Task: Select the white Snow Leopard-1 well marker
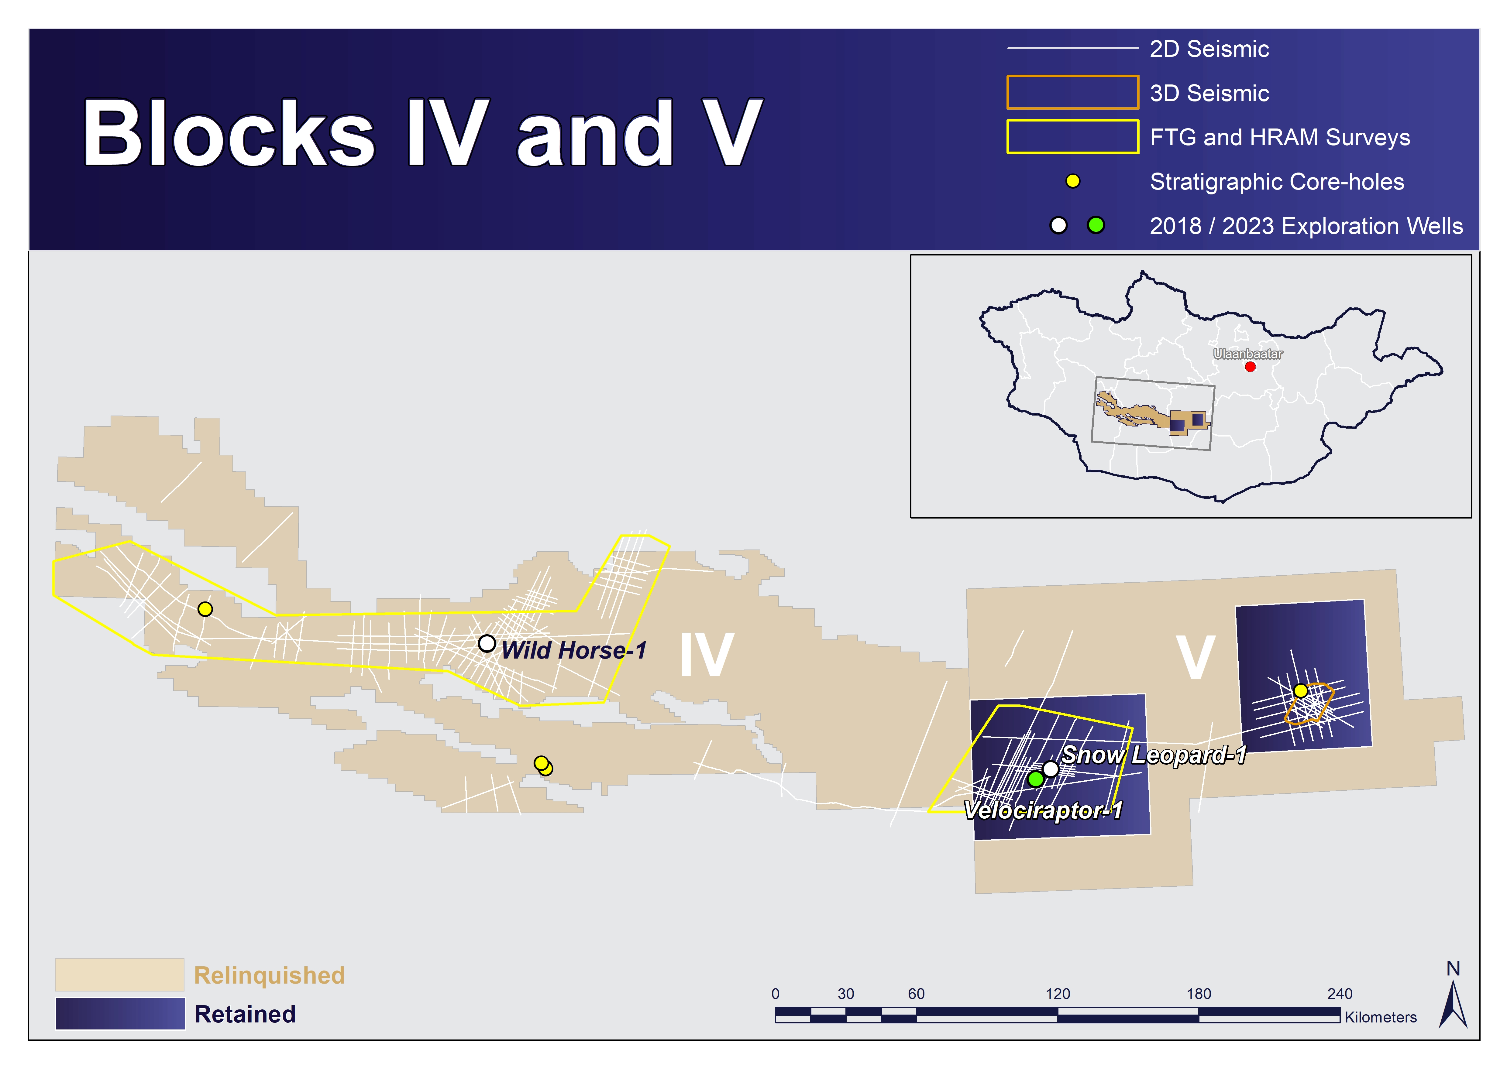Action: (1050, 769)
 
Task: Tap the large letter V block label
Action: (1195, 658)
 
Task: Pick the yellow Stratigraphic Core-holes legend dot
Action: (1072, 181)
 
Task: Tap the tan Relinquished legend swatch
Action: (119, 974)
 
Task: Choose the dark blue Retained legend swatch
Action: (120, 1014)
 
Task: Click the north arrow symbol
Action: (1453, 1004)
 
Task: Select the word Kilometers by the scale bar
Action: (1380, 1017)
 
